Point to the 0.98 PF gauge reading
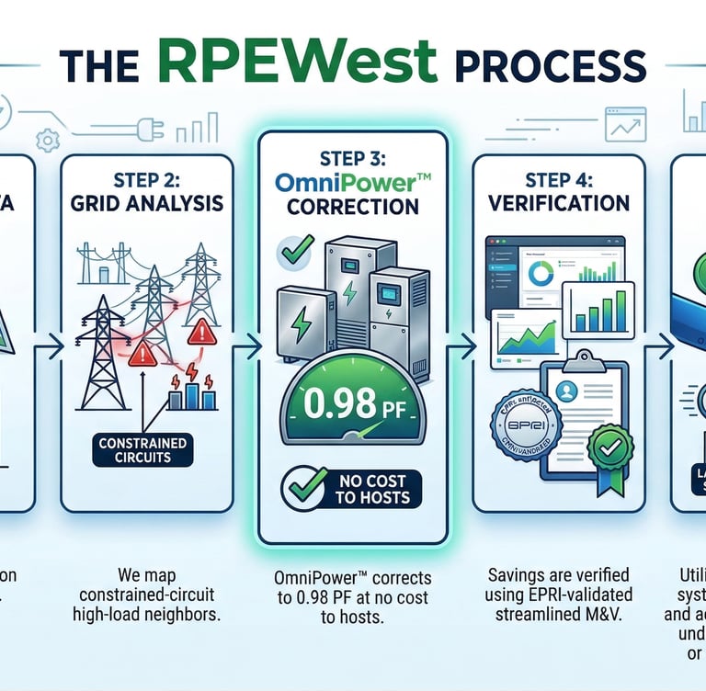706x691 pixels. [x=352, y=404]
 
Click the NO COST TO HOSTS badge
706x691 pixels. [x=351, y=488]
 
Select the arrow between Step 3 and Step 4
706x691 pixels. [x=464, y=346]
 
